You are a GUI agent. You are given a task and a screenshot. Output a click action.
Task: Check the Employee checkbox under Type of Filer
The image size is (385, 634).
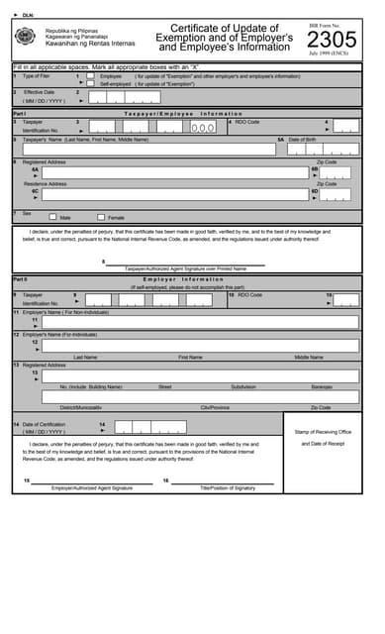[x=90, y=75]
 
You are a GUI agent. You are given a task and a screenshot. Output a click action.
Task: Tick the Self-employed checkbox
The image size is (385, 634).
[x=90, y=83]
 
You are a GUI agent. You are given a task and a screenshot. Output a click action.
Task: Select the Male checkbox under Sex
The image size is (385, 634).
[x=51, y=216]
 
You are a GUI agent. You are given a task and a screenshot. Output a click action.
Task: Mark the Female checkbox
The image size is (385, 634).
[x=100, y=216]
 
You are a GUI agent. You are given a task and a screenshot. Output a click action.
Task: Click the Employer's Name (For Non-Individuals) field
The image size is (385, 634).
[x=198, y=322]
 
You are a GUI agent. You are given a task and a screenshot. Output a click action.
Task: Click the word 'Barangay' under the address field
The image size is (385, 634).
[x=322, y=386]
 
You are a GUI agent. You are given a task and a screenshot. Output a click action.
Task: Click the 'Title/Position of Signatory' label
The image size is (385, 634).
[x=228, y=487]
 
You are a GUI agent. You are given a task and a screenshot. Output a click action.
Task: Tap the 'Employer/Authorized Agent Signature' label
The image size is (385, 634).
[x=92, y=487]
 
